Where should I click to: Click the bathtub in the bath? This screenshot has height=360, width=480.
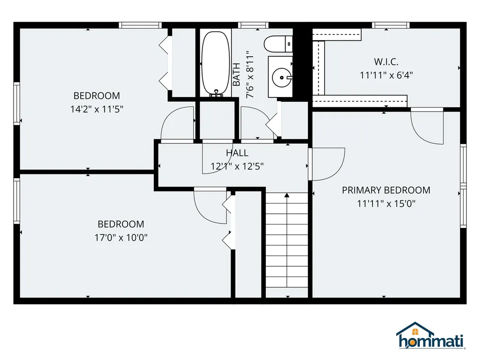pyautogui.click(x=215, y=63)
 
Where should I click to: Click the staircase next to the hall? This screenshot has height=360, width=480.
pyautogui.click(x=287, y=244)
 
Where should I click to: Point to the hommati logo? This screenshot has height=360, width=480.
pyautogui.click(x=430, y=337)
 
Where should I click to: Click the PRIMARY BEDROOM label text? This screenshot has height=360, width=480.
pyautogui.click(x=386, y=190)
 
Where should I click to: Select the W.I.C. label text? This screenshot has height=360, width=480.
pyautogui.click(x=386, y=61)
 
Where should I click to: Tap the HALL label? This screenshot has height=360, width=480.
pyautogui.click(x=237, y=153)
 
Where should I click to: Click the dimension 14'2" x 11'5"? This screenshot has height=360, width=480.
pyautogui.click(x=97, y=109)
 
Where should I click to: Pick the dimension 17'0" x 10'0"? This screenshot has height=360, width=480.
pyautogui.click(x=121, y=237)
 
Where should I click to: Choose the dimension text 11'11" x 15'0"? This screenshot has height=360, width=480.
pyautogui.click(x=386, y=203)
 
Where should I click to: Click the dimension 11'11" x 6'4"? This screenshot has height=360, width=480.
pyautogui.click(x=386, y=75)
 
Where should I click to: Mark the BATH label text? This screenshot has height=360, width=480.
pyautogui.click(x=237, y=75)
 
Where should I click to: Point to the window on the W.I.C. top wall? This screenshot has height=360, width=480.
pyautogui.click(x=390, y=25)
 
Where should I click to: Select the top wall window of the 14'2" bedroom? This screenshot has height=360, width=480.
pyautogui.click(x=140, y=25)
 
